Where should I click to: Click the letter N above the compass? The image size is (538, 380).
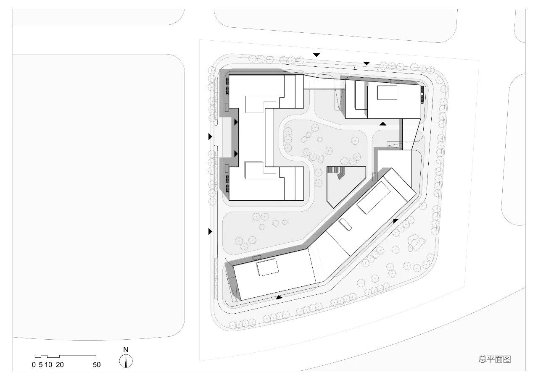(126, 350)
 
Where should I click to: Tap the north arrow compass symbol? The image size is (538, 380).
(126, 361)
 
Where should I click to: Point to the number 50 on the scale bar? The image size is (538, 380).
(97, 365)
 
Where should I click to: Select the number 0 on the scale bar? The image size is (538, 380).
(34, 365)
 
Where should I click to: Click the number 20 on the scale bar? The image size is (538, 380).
(60, 365)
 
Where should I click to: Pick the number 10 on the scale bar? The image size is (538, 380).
(48, 365)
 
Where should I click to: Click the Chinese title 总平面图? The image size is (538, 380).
(495, 359)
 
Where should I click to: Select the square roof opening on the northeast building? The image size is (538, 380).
(387, 92)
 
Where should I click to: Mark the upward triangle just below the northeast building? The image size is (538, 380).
(382, 124)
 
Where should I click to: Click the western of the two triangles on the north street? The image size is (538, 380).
(316, 55)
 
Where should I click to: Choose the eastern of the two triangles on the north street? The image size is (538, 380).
(367, 63)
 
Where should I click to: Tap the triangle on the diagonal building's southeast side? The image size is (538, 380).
(396, 220)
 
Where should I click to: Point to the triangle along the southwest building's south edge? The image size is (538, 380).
(279, 297)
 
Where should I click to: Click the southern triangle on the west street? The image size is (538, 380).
(210, 231)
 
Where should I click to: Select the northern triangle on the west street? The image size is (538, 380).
(210, 136)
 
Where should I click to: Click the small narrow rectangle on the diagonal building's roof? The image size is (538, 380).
(345, 224)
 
